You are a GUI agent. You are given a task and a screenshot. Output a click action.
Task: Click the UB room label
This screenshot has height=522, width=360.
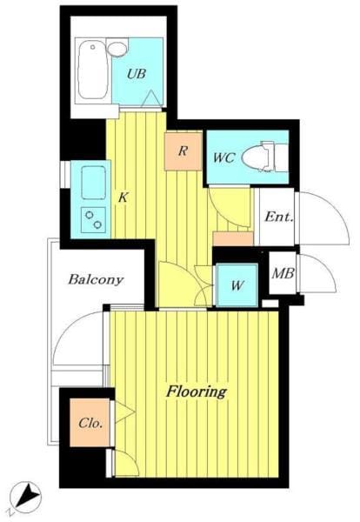click(x=137, y=74)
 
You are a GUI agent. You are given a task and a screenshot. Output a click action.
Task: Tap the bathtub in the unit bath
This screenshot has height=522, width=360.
click(x=93, y=70)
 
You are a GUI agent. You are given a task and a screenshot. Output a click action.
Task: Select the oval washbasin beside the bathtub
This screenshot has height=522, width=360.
click(x=117, y=50)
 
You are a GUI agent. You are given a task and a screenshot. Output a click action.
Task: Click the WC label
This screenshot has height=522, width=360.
click(x=224, y=157)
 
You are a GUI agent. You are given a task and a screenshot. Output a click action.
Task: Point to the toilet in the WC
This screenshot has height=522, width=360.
click(x=265, y=157)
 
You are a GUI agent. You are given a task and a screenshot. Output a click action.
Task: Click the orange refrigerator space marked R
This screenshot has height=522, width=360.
click(x=183, y=151)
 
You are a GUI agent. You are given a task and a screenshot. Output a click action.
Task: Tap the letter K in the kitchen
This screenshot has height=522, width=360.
click(x=123, y=197)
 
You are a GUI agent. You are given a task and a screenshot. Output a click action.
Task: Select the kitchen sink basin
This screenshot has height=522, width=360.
click(x=94, y=183)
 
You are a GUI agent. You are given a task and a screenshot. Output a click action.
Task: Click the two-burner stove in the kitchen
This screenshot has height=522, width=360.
click(x=94, y=220)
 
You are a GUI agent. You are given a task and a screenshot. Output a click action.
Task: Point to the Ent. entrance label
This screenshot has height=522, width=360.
click(x=279, y=217)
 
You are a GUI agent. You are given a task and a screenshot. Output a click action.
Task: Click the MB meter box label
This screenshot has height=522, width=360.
click(x=283, y=274)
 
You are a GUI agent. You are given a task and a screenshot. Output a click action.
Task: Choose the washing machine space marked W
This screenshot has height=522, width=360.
click(x=237, y=285)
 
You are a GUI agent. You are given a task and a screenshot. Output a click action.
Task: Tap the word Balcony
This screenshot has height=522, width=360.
click(x=96, y=279)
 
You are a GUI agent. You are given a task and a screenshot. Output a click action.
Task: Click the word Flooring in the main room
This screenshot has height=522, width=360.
click(x=197, y=391)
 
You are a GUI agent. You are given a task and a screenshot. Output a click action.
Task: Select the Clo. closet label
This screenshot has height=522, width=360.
click(x=90, y=423)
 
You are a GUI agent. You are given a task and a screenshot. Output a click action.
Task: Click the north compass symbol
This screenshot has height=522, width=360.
click(x=25, y=497)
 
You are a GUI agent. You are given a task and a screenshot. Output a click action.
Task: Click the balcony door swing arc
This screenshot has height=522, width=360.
click(x=67, y=330)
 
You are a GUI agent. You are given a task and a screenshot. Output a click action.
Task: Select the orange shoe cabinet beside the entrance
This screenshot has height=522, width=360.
click(x=233, y=238)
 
